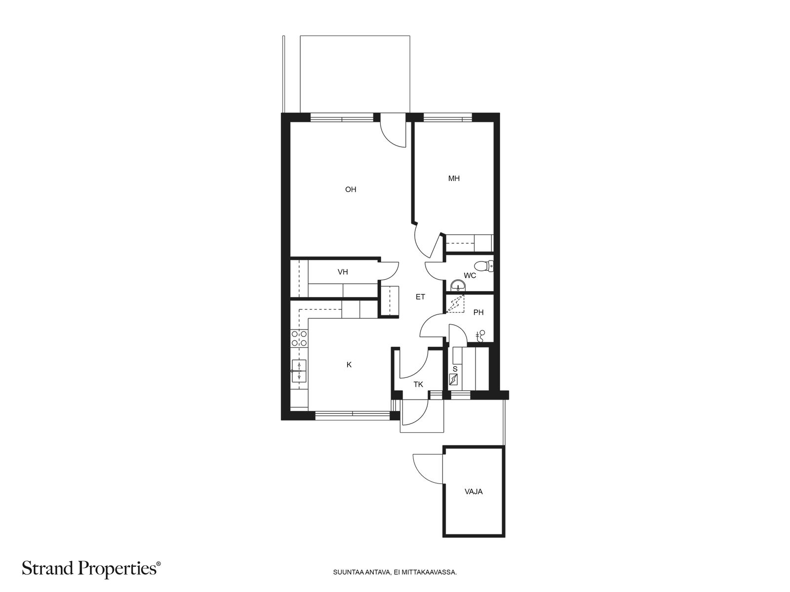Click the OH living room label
click(x=350, y=189)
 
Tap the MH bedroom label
click(x=453, y=178)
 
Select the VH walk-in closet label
click(x=343, y=272)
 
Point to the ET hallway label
click(x=420, y=297)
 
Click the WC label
click(x=470, y=276)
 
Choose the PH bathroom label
click(x=478, y=313)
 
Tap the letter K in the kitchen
click(x=349, y=365)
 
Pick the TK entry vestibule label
click(x=418, y=385)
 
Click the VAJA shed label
click(x=474, y=492)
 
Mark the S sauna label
click(x=455, y=369)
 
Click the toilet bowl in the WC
click(x=483, y=266)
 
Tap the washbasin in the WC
click(x=458, y=286)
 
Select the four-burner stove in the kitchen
click(x=299, y=338)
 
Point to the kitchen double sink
click(x=299, y=370)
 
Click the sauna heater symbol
click(x=453, y=379)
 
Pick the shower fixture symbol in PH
click(x=480, y=336)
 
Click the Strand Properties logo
click(x=91, y=569)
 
